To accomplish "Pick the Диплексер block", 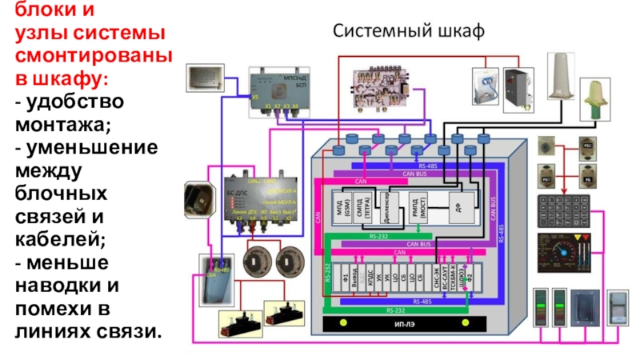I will [x=384, y=206].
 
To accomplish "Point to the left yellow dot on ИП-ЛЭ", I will [x=342, y=323].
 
